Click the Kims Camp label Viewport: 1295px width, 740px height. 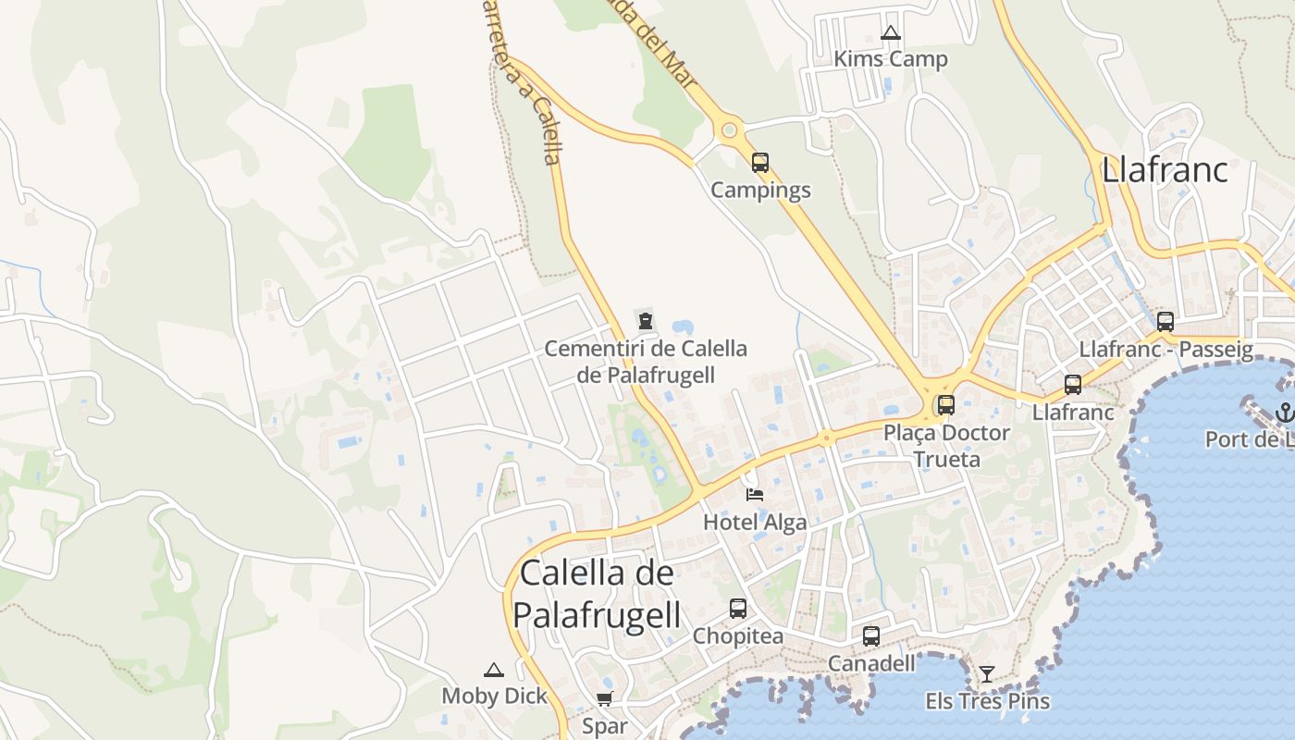[x=890, y=59]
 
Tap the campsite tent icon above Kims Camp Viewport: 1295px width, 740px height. [x=890, y=33]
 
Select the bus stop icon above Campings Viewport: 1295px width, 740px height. [x=760, y=163]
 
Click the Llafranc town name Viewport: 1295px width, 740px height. [x=1165, y=170]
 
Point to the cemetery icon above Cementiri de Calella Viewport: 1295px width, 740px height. [x=646, y=321]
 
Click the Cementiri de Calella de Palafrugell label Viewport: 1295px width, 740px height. [x=646, y=362]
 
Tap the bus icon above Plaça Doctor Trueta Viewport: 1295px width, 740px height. [x=945, y=404]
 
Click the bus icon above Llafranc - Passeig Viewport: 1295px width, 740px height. [x=1165, y=322]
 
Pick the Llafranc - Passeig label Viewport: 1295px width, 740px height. [x=1165, y=350]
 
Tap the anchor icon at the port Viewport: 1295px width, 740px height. [x=1283, y=412]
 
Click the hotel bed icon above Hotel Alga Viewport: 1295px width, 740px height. [x=755, y=494]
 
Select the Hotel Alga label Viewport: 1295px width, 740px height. [x=755, y=522]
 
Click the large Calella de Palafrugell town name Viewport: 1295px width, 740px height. [x=597, y=593]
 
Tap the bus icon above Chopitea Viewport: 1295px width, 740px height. [x=737, y=609]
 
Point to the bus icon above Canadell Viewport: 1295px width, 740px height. [x=871, y=635]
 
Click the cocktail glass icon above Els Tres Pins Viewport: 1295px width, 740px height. [x=987, y=673]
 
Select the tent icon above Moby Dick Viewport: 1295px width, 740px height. [x=494, y=670]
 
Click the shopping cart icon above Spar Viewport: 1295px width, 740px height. [x=604, y=698]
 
